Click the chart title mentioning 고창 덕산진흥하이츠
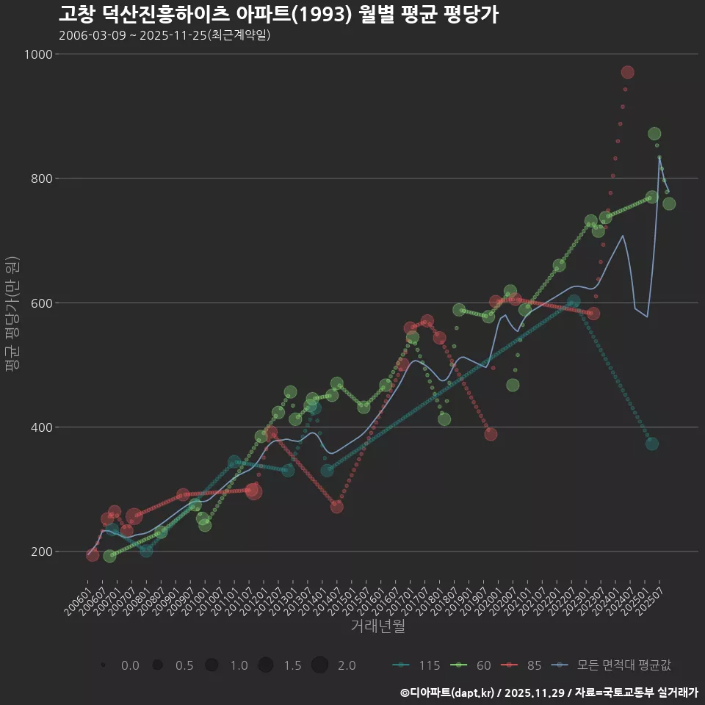tap(278, 14)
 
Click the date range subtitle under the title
tap(164, 35)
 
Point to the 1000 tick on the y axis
tap(38, 54)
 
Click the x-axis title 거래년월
tap(377, 626)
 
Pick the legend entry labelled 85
tap(523, 665)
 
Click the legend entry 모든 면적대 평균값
tap(613, 665)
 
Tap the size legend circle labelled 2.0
tap(319, 665)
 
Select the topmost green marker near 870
tap(654, 134)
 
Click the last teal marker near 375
tap(651, 444)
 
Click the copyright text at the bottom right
tap(549, 693)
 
